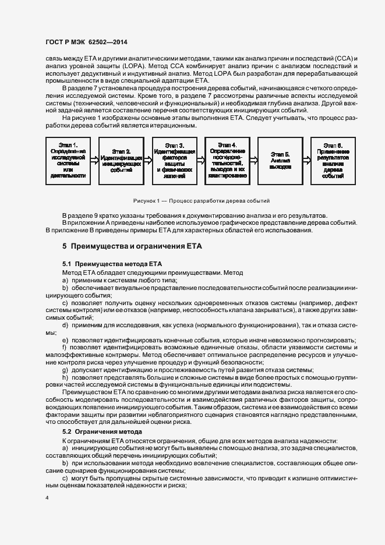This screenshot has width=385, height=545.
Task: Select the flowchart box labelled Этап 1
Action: click(x=68, y=159)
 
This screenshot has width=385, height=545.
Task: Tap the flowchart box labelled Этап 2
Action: click(x=121, y=159)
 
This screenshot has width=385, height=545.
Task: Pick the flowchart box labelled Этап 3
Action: click(x=174, y=159)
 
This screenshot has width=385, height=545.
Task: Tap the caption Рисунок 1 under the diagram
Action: click(x=201, y=201)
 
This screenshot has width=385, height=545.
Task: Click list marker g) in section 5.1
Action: click(x=65, y=370)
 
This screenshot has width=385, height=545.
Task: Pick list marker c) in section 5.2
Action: click(x=65, y=477)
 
